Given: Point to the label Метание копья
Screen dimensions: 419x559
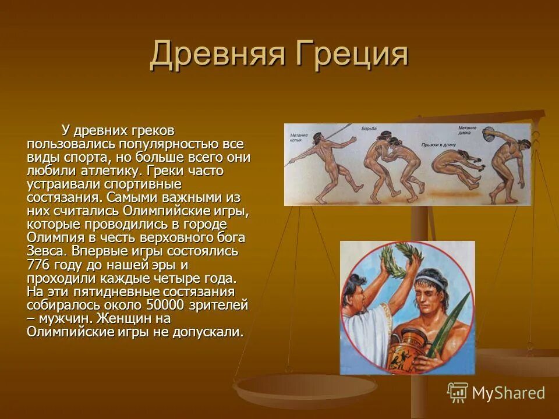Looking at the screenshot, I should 299,138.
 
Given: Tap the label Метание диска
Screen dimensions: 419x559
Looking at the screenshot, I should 467,130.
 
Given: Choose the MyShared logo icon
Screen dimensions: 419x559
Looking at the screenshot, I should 457,393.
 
